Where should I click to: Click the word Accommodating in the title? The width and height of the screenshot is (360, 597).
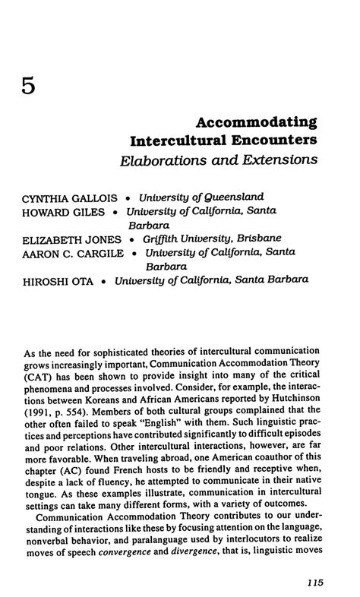tap(256, 122)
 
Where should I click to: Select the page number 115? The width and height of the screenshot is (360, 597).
tap(311, 583)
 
